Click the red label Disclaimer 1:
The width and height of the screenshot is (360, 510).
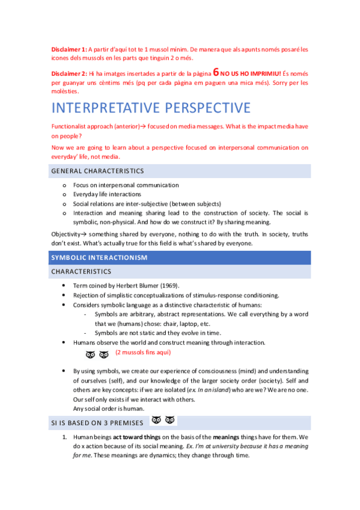(x=69, y=49)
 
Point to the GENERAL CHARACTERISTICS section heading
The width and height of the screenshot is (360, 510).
(x=98, y=171)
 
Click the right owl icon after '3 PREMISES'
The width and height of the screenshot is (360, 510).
(x=171, y=420)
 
